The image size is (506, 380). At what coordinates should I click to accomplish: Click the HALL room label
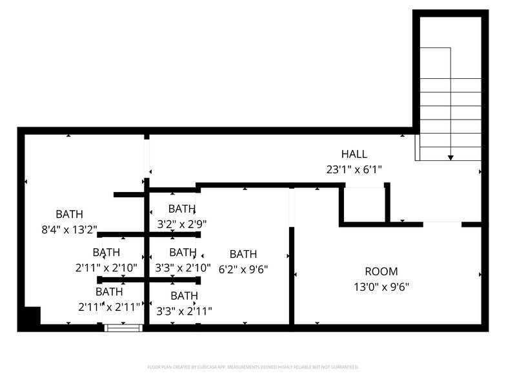pyautogui.click(x=354, y=154)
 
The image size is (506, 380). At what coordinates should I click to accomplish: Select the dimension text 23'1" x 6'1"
pyautogui.click(x=354, y=170)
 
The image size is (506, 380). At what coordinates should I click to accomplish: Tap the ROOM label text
pyautogui.click(x=381, y=271)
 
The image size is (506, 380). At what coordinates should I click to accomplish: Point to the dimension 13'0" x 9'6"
pyautogui.click(x=381, y=287)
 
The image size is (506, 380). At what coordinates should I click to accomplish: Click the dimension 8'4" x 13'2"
pyautogui.click(x=69, y=229)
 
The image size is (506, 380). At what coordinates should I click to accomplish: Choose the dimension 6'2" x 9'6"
pyautogui.click(x=243, y=269)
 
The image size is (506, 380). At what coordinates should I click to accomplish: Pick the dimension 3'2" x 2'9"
pyautogui.click(x=183, y=224)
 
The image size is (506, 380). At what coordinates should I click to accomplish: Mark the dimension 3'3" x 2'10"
pyautogui.click(x=183, y=267)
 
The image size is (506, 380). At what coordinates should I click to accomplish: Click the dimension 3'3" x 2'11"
pyautogui.click(x=184, y=311)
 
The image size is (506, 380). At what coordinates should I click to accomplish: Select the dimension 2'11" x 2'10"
pyautogui.click(x=107, y=267)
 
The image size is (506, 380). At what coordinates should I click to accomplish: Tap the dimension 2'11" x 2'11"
pyautogui.click(x=108, y=307)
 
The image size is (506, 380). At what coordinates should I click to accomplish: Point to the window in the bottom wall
pyautogui.click(x=123, y=328)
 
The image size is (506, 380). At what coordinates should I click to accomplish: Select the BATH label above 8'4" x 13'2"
pyautogui.click(x=69, y=214)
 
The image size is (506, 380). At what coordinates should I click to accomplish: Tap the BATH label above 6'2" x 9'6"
pyautogui.click(x=243, y=254)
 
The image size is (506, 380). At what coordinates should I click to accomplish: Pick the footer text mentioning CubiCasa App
pyautogui.click(x=253, y=367)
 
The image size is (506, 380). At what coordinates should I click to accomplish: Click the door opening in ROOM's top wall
pyautogui.click(x=442, y=224)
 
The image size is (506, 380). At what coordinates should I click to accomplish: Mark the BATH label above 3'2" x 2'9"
pyautogui.click(x=182, y=209)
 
